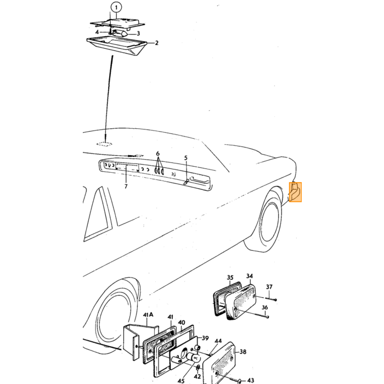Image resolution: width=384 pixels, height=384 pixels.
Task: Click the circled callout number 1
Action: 116,7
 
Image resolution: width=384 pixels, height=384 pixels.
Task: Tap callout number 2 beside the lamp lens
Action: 156,43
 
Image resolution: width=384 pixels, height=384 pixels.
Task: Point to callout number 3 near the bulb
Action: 138,33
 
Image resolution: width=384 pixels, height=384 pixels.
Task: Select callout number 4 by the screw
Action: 97,32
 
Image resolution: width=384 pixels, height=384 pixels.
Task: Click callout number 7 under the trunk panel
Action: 126,187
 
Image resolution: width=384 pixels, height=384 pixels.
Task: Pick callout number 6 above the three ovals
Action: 158,154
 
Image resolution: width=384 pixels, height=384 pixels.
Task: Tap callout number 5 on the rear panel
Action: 185,158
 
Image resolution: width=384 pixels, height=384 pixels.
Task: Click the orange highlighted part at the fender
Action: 295,192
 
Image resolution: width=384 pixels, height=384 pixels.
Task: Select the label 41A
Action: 148,314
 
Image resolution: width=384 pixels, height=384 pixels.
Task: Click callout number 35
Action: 230,278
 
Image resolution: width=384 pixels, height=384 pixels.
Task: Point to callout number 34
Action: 249,276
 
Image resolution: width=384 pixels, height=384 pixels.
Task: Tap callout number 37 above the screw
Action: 269,286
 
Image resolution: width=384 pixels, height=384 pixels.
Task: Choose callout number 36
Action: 265,307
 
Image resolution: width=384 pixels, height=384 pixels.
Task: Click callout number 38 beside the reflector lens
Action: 242,352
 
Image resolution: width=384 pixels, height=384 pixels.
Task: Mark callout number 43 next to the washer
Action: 250,380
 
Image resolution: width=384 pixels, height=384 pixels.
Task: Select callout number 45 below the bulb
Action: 180,381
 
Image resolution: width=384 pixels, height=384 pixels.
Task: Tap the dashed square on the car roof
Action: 105,144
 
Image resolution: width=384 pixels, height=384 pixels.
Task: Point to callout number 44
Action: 218,341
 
